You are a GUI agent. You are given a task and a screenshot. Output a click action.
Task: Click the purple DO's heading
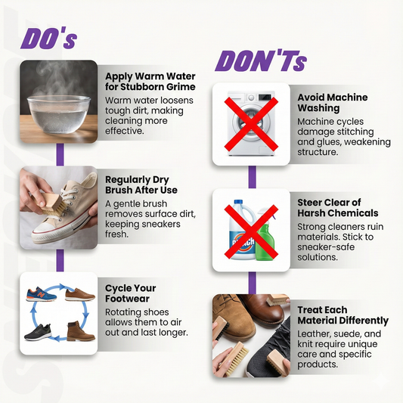[x=49, y=39]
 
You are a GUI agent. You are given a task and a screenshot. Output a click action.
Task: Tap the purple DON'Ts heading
[x=261, y=61]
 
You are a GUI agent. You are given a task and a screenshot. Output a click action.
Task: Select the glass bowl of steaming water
[x=59, y=113]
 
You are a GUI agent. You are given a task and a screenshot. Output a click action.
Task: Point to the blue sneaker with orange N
[x=41, y=294]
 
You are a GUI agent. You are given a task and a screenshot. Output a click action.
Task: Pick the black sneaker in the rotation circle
[x=38, y=332]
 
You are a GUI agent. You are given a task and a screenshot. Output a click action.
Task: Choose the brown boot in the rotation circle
[x=81, y=331]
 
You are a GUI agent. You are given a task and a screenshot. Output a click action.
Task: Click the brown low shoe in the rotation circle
[x=80, y=295]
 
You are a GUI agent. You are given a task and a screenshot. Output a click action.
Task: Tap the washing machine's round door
[x=251, y=124]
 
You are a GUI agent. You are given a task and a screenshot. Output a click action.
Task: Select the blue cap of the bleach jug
[x=238, y=203]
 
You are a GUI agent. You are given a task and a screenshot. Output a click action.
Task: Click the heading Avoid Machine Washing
[x=333, y=103]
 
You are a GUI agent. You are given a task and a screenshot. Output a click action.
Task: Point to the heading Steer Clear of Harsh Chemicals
[x=338, y=208]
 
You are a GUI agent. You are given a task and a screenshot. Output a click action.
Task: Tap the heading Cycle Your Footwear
[x=131, y=293]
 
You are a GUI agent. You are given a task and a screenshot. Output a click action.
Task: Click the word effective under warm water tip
[x=125, y=131]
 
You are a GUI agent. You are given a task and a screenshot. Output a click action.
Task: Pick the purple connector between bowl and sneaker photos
[x=60, y=154]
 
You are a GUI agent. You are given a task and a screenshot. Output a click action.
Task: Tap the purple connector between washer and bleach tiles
[x=253, y=177]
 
